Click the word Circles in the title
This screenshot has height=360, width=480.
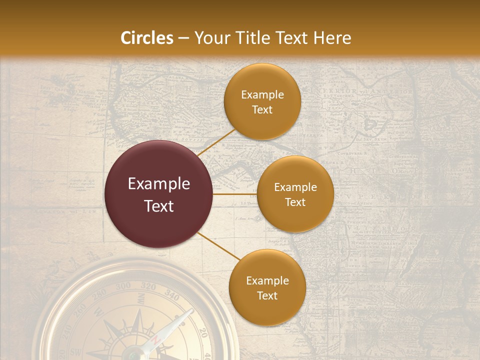(147, 38)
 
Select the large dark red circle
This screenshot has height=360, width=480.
(159, 194)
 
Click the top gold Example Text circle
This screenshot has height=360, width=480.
(262, 102)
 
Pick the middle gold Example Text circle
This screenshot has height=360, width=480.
(295, 194)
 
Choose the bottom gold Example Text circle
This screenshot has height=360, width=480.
(267, 288)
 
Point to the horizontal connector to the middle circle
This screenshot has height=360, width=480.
(234, 194)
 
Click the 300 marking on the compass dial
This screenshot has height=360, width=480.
(123, 286)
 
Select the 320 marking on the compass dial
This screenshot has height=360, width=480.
(148, 286)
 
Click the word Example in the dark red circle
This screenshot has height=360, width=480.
(159, 184)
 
